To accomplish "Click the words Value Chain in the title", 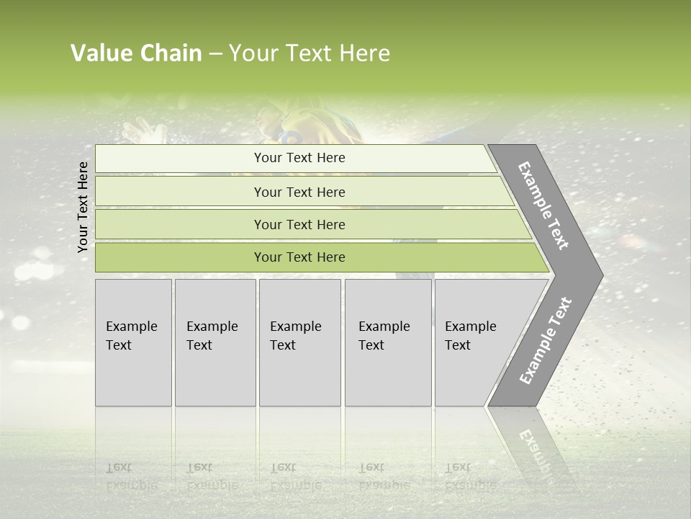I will coord(136,53).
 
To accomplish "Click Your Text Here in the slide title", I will coord(310,53).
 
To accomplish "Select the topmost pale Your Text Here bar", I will coord(299,158).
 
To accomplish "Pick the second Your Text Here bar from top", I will coord(299,192).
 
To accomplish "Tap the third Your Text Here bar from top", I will coord(299,224).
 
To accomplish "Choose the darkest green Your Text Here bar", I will coord(299,257).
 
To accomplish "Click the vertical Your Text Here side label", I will coord(83,207).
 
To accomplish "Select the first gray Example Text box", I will coord(133,342).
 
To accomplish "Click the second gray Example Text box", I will coord(214,342).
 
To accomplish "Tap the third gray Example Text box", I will coord(299,342).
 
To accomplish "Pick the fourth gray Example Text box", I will coord(388,342).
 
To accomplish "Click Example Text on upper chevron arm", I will coord(543,205).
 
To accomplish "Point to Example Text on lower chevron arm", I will coord(546,340).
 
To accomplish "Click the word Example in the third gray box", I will coord(295,327).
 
